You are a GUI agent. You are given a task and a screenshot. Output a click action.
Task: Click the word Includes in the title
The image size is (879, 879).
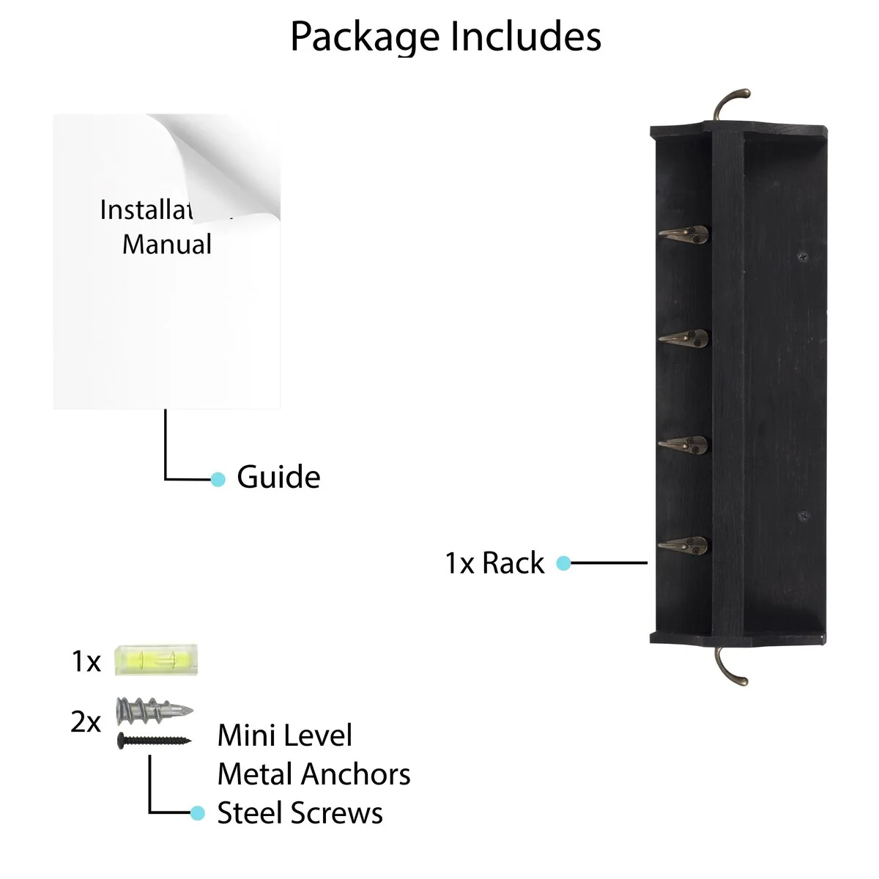(x=525, y=36)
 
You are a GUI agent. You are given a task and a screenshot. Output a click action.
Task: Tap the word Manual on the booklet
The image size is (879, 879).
(x=167, y=244)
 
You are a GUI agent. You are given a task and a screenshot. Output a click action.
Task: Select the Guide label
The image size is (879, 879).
(x=278, y=478)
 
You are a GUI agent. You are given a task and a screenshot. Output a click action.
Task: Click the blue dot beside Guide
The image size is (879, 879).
(x=218, y=479)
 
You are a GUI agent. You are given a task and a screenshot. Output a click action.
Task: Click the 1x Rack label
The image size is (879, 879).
(x=494, y=563)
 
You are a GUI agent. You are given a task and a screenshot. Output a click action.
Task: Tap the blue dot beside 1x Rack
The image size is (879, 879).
(x=563, y=563)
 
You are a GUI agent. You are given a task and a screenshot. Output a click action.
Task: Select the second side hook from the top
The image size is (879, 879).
(x=684, y=338)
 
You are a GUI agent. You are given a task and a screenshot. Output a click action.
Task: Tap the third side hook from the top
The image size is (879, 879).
(x=684, y=444)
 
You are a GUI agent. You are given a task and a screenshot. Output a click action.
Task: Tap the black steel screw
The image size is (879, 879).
(x=154, y=740)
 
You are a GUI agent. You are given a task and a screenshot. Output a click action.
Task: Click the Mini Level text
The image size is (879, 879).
(x=285, y=735)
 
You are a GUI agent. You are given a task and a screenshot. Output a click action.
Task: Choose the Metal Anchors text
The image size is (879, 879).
(x=314, y=774)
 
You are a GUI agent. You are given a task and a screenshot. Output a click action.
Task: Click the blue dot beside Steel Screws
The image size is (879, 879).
(x=197, y=813)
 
